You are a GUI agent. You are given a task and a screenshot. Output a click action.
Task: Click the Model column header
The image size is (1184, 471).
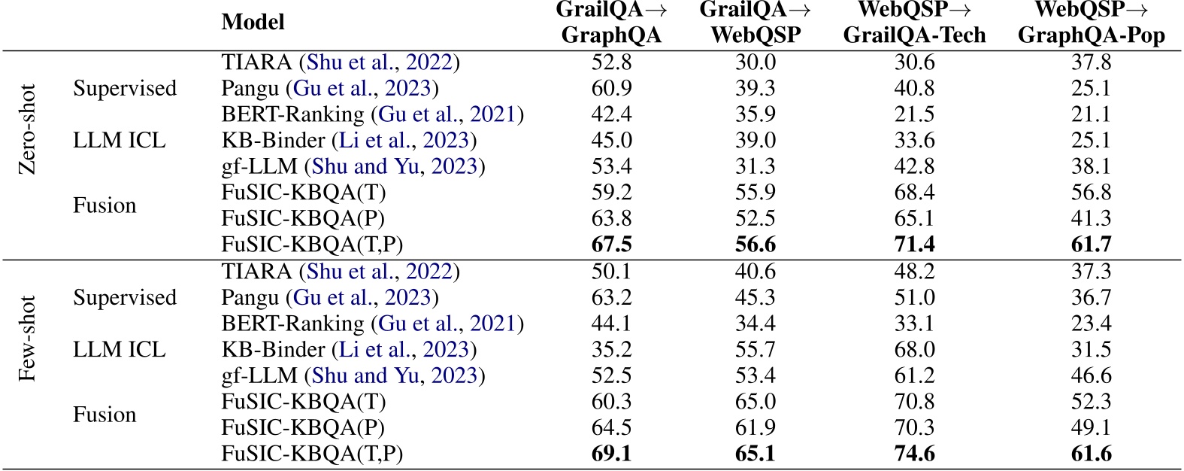click(253, 22)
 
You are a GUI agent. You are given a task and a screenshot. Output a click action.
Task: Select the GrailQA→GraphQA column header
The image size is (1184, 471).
click(611, 23)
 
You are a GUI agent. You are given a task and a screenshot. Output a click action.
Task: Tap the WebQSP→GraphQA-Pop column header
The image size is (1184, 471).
click(1091, 23)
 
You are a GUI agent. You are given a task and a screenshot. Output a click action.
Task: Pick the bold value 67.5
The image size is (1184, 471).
click(611, 245)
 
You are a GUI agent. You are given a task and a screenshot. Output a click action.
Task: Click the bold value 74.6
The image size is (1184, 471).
click(914, 454)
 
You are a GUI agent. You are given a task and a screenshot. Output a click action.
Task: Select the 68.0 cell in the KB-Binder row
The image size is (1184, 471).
click(914, 349)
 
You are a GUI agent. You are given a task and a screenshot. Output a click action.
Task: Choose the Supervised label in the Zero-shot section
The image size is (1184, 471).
click(125, 88)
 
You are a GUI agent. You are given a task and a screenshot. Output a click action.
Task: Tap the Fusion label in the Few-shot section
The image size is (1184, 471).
click(104, 415)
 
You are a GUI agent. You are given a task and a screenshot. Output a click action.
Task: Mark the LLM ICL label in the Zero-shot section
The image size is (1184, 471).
click(119, 140)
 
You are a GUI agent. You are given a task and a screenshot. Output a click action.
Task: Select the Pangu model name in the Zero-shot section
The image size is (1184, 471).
click(251, 88)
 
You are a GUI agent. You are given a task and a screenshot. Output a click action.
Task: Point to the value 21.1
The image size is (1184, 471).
click(1091, 114)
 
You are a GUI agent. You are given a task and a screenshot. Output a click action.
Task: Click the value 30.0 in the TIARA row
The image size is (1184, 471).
click(756, 62)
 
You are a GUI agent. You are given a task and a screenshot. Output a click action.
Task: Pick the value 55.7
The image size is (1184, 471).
click(756, 349)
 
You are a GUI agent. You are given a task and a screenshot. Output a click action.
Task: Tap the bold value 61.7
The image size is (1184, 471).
click(1091, 245)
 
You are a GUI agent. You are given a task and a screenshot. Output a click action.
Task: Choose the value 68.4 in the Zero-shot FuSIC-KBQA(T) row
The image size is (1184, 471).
click(914, 193)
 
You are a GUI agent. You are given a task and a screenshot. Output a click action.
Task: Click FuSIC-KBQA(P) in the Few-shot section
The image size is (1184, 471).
click(303, 427)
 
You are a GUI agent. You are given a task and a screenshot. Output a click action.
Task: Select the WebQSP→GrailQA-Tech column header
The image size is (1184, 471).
click(914, 23)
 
